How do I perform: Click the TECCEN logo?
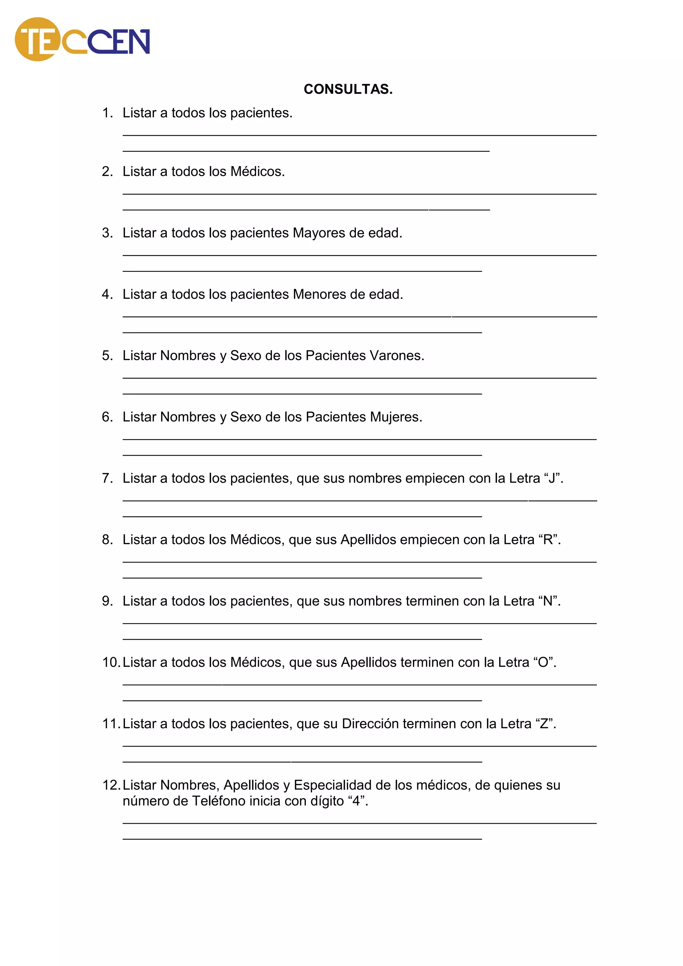pos(82,40)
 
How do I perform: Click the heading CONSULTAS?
pos(348,89)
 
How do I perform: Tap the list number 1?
pos(107,113)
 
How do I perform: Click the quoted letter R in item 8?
pos(548,540)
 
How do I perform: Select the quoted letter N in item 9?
pos(548,601)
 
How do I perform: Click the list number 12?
pos(111,785)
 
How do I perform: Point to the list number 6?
pos(107,417)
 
